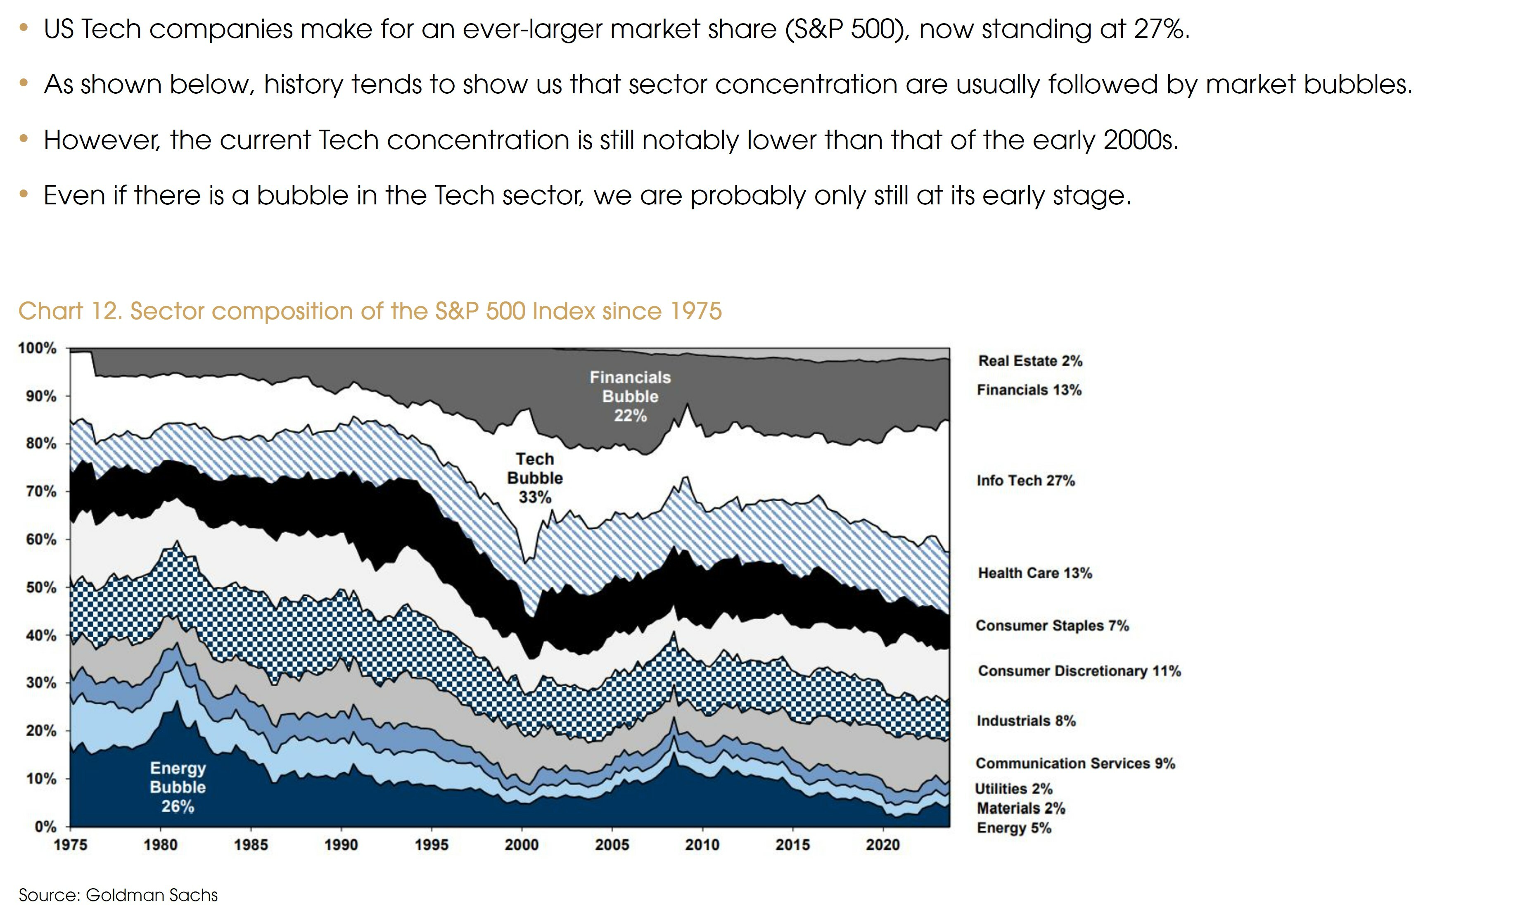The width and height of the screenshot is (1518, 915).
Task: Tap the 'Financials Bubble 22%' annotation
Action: (630, 396)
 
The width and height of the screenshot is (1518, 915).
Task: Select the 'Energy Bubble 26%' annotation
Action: (178, 787)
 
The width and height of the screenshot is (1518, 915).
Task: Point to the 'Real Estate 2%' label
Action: (1030, 361)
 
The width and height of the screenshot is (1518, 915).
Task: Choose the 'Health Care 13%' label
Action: (1034, 573)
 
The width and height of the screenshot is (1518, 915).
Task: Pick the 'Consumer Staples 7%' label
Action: (1052, 626)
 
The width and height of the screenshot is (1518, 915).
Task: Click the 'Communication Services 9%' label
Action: (1075, 763)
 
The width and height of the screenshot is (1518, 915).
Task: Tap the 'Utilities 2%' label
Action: (1013, 789)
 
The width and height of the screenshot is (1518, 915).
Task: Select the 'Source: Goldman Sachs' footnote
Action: (118, 895)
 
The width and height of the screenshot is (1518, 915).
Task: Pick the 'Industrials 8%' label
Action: (1026, 721)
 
